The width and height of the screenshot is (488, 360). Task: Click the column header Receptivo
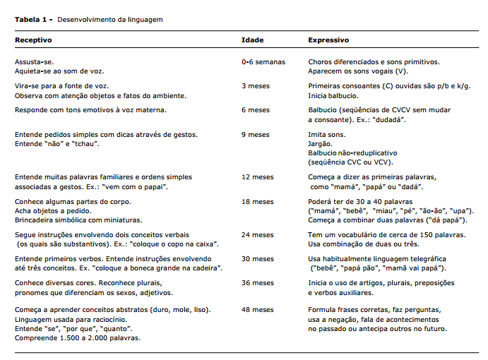coord(33,40)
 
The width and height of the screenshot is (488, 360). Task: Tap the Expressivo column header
coord(328,40)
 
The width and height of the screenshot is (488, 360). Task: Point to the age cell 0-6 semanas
coord(263,62)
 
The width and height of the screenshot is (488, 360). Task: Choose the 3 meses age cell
coord(256,85)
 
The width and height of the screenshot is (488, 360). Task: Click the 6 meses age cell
coord(256,110)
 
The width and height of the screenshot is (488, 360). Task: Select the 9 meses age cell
coord(256,134)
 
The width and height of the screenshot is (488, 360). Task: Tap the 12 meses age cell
coord(258,177)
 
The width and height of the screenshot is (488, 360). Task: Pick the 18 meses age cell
coord(258,201)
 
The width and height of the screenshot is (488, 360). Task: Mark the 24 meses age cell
coord(258,234)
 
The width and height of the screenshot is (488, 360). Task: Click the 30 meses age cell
coord(258,259)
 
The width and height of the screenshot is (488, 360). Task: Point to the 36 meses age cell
coord(258,284)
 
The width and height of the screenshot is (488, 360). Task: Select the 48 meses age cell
coord(258,309)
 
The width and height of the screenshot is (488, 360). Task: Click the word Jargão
coord(321,143)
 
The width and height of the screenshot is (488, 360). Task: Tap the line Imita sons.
coord(326,134)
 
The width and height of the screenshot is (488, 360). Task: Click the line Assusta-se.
coord(33,62)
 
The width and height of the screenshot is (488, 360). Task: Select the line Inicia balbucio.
coord(333,95)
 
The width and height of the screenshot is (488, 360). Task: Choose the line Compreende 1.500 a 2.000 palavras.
coord(78,337)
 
